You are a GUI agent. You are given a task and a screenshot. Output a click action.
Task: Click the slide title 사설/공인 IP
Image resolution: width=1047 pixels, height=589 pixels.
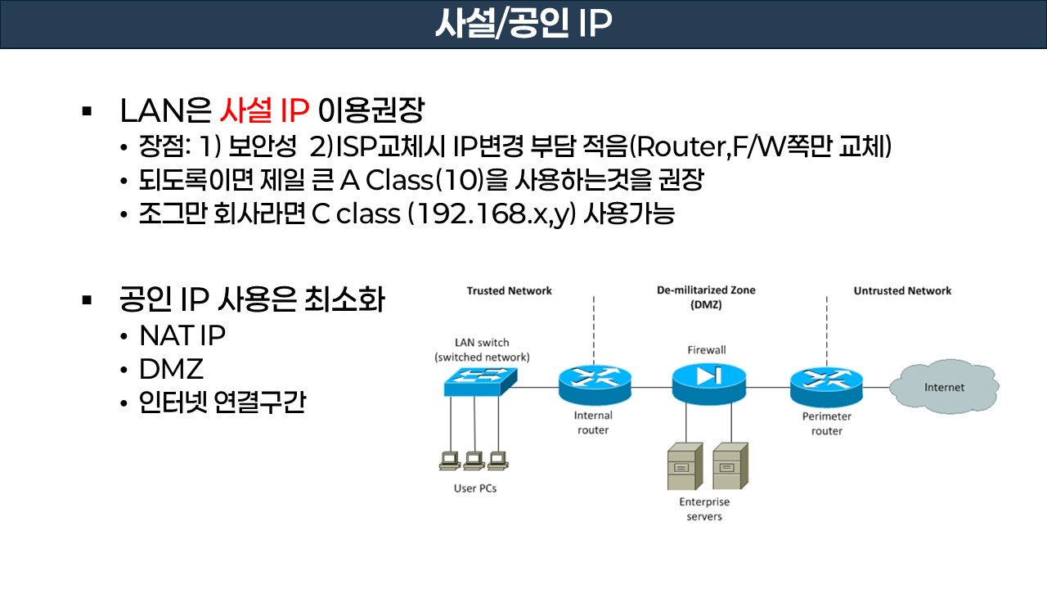click(x=523, y=25)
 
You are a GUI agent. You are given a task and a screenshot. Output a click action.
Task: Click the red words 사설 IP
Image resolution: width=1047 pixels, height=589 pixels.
click(x=265, y=110)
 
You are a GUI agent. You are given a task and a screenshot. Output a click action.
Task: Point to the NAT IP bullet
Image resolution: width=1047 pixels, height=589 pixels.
click(x=182, y=335)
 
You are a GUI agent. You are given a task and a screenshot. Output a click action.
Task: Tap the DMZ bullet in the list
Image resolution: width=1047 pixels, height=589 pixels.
click(x=171, y=369)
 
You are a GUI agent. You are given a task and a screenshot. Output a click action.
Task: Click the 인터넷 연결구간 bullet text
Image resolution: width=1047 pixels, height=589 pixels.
click(x=222, y=402)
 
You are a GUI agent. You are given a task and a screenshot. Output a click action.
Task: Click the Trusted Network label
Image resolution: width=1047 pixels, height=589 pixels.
click(x=509, y=291)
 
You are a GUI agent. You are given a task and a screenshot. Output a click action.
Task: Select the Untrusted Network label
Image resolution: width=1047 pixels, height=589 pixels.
click(x=902, y=291)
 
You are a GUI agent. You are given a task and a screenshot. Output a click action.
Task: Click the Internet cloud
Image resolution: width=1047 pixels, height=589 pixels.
click(x=944, y=387)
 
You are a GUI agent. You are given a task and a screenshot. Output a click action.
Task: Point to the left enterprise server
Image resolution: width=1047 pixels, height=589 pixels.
click(x=682, y=466)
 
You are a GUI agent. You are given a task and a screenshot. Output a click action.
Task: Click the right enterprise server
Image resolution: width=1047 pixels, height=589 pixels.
click(x=726, y=466)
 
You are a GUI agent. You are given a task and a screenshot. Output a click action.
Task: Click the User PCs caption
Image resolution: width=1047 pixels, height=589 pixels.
click(x=475, y=489)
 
